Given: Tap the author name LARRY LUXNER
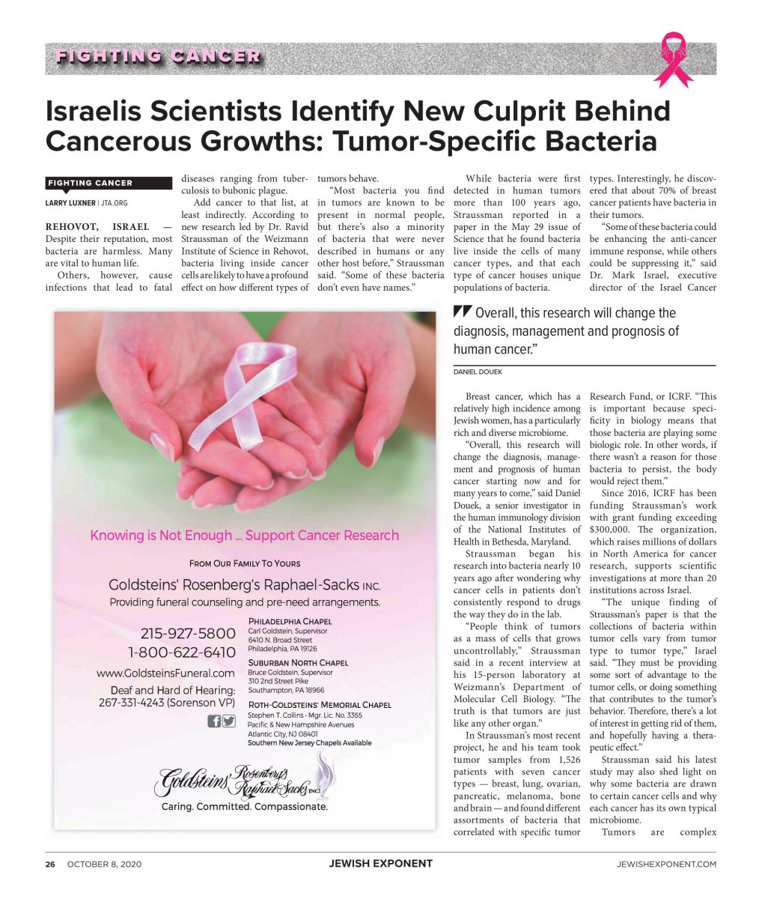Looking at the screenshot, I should pos(72,203).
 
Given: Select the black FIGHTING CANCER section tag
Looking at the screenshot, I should pos(90,183).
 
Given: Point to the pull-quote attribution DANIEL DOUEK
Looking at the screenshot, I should pos(478,372).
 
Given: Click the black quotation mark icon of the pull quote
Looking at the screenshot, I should pos(462,313).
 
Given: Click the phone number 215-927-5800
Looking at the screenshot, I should pos(181,634).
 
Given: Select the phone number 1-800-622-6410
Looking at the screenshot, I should pos(181,653).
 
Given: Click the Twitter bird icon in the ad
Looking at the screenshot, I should pos(229,721).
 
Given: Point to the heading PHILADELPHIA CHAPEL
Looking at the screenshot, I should pos(290,621).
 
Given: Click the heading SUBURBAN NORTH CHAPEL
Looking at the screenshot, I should pos(298,662).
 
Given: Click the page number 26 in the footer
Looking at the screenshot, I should pos(50,864).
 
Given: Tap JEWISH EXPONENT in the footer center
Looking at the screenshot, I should pos(380,863).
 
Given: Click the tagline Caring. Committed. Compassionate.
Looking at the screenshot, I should pos(244,807).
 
